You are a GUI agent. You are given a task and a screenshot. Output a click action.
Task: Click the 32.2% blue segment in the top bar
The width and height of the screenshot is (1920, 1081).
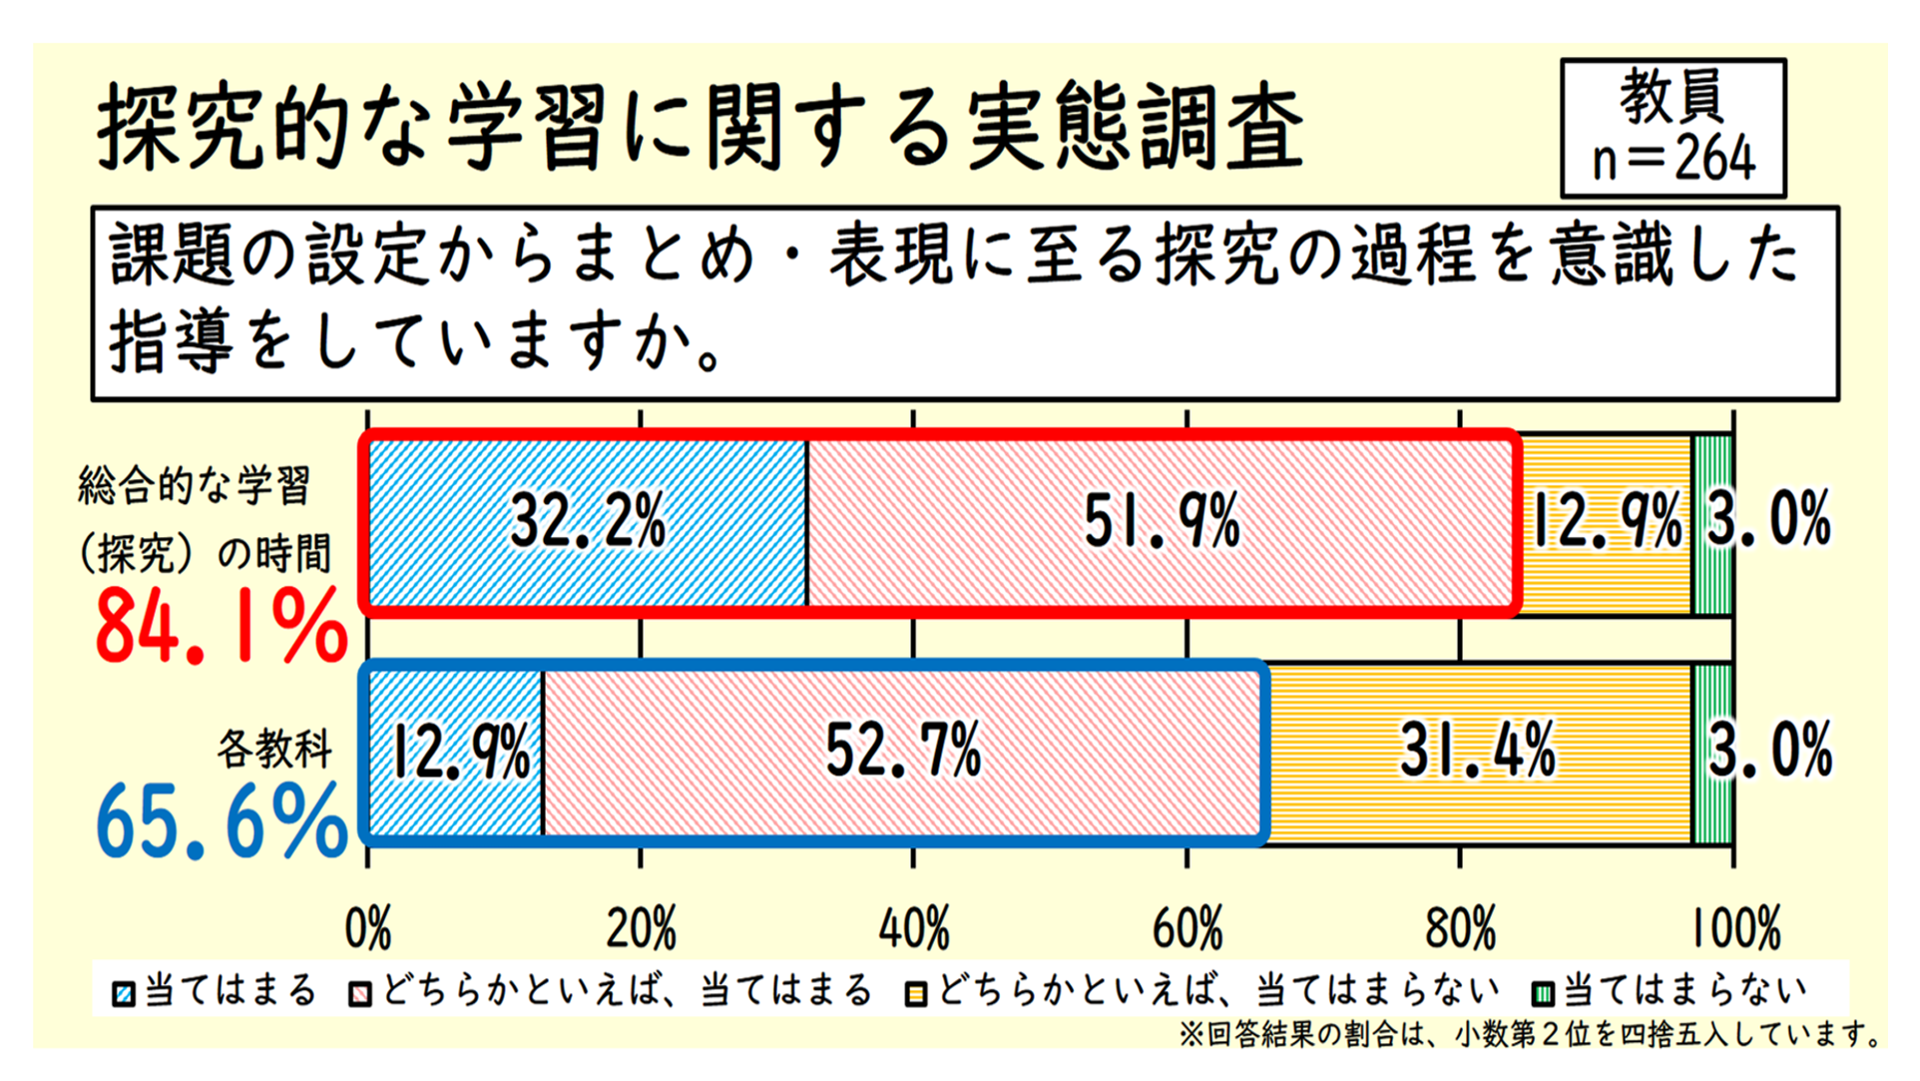point(588,521)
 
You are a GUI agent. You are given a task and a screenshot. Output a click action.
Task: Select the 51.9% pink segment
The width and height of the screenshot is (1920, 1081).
point(1161,521)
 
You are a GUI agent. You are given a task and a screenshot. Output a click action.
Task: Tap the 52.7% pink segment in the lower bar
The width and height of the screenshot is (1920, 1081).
point(903,751)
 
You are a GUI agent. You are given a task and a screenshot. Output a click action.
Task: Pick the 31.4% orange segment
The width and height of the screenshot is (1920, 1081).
point(1478,751)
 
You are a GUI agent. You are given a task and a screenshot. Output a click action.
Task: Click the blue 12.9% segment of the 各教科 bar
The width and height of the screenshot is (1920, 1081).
point(458,751)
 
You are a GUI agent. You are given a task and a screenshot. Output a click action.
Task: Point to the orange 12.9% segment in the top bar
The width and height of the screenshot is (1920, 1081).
point(1606,521)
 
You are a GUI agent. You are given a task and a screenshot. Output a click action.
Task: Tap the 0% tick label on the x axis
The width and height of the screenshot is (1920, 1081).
point(368,928)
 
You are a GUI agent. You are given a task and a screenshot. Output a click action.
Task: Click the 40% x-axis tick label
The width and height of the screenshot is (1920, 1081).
point(913,928)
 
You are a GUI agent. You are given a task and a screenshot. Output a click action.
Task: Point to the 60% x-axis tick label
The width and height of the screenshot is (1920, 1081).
point(1188,928)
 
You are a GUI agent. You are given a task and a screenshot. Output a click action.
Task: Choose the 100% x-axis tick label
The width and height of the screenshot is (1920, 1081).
point(1735,928)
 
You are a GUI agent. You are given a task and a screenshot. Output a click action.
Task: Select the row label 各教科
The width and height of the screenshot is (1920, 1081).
point(274,749)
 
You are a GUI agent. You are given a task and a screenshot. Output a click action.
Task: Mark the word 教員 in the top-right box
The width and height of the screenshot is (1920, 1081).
point(1673,97)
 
